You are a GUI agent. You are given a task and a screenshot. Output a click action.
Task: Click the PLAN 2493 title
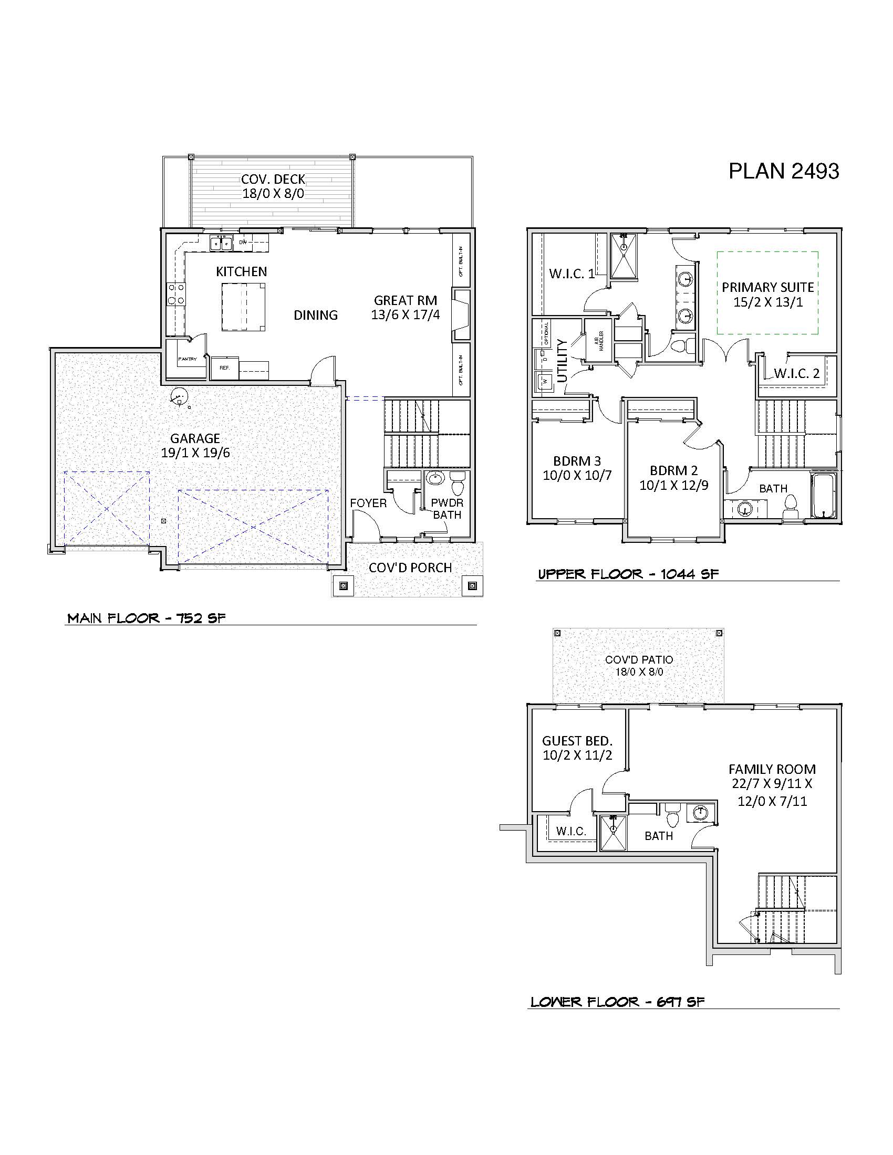coord(784,171)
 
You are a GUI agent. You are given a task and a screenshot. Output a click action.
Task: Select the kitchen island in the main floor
coord(243,307)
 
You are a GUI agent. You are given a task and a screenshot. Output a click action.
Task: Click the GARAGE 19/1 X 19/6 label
coord(195,445)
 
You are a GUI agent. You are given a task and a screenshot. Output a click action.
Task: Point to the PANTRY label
coord(188,359)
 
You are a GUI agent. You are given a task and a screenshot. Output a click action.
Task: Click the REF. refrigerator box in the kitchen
coord(225,368)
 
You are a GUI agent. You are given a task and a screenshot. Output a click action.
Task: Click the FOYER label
coord(368,503)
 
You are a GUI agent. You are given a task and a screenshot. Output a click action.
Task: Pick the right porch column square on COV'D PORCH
coord(472,585)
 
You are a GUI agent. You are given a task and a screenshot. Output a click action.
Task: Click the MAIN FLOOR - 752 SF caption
coord(147,618)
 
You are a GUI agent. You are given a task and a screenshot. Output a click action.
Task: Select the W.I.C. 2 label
coord(796,373)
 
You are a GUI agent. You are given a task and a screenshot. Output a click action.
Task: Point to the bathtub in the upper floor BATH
coord(823,496)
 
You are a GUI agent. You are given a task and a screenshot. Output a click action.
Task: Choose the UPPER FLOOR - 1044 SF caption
coord(628,574)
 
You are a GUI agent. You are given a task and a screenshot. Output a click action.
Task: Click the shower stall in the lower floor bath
coord(612,834)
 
